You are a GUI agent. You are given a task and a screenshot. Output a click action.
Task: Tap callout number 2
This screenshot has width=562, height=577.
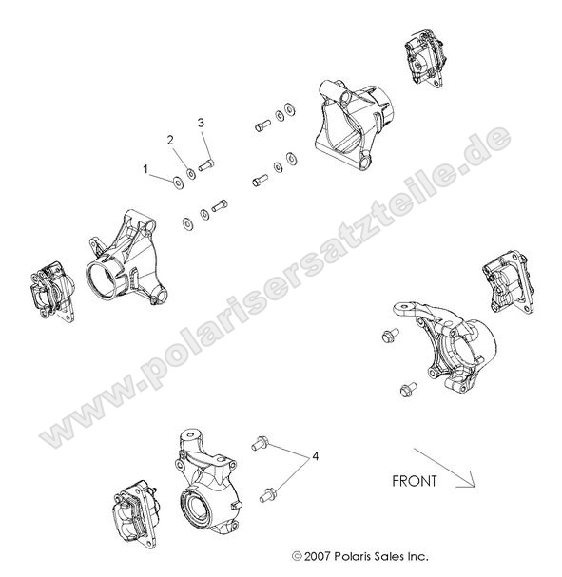(171, 140)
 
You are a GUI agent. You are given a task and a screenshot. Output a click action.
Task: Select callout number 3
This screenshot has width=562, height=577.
(202, 123)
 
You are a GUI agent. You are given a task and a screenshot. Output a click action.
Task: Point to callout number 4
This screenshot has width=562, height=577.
(316, 458)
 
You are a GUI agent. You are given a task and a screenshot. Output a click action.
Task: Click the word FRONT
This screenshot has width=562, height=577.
(415, 481)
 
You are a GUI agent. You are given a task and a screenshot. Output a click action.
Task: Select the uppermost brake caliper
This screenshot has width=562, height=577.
(419, 59)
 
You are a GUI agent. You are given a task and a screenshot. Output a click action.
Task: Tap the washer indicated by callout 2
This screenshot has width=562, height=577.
(193, 172)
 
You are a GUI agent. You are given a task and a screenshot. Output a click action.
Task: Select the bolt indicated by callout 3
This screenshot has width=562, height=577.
(209, 163)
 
